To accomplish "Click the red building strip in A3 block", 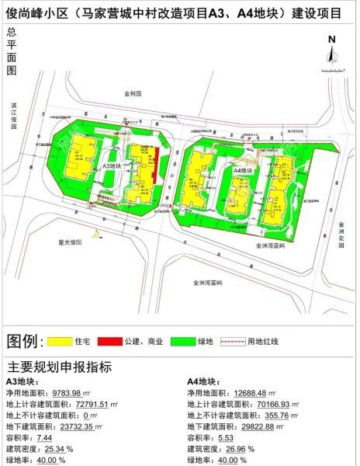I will pos(157,165).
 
